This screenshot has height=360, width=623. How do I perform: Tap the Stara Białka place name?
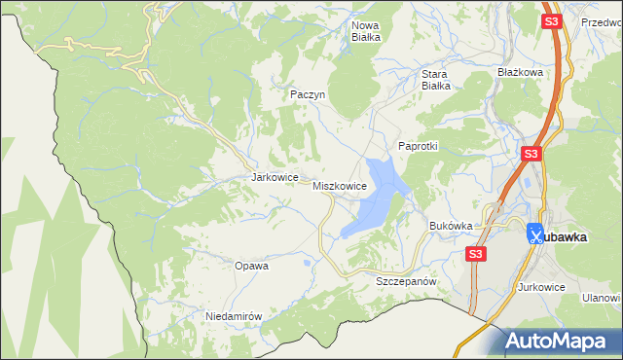[434, 79]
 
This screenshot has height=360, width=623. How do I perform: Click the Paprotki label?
[420, 145]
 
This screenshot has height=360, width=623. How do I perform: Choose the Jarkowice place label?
[274, 178]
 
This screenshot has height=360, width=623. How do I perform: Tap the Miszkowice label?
[340, 185]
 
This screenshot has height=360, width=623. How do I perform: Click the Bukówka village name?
[451, 226]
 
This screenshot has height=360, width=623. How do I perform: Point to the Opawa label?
[251, 265]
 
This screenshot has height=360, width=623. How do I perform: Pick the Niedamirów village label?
[235, 316]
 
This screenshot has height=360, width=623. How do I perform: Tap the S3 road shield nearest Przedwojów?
[552, 20]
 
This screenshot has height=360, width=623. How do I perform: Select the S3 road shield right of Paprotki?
[531, 154]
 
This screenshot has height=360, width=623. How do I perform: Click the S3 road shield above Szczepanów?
[474, 253]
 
